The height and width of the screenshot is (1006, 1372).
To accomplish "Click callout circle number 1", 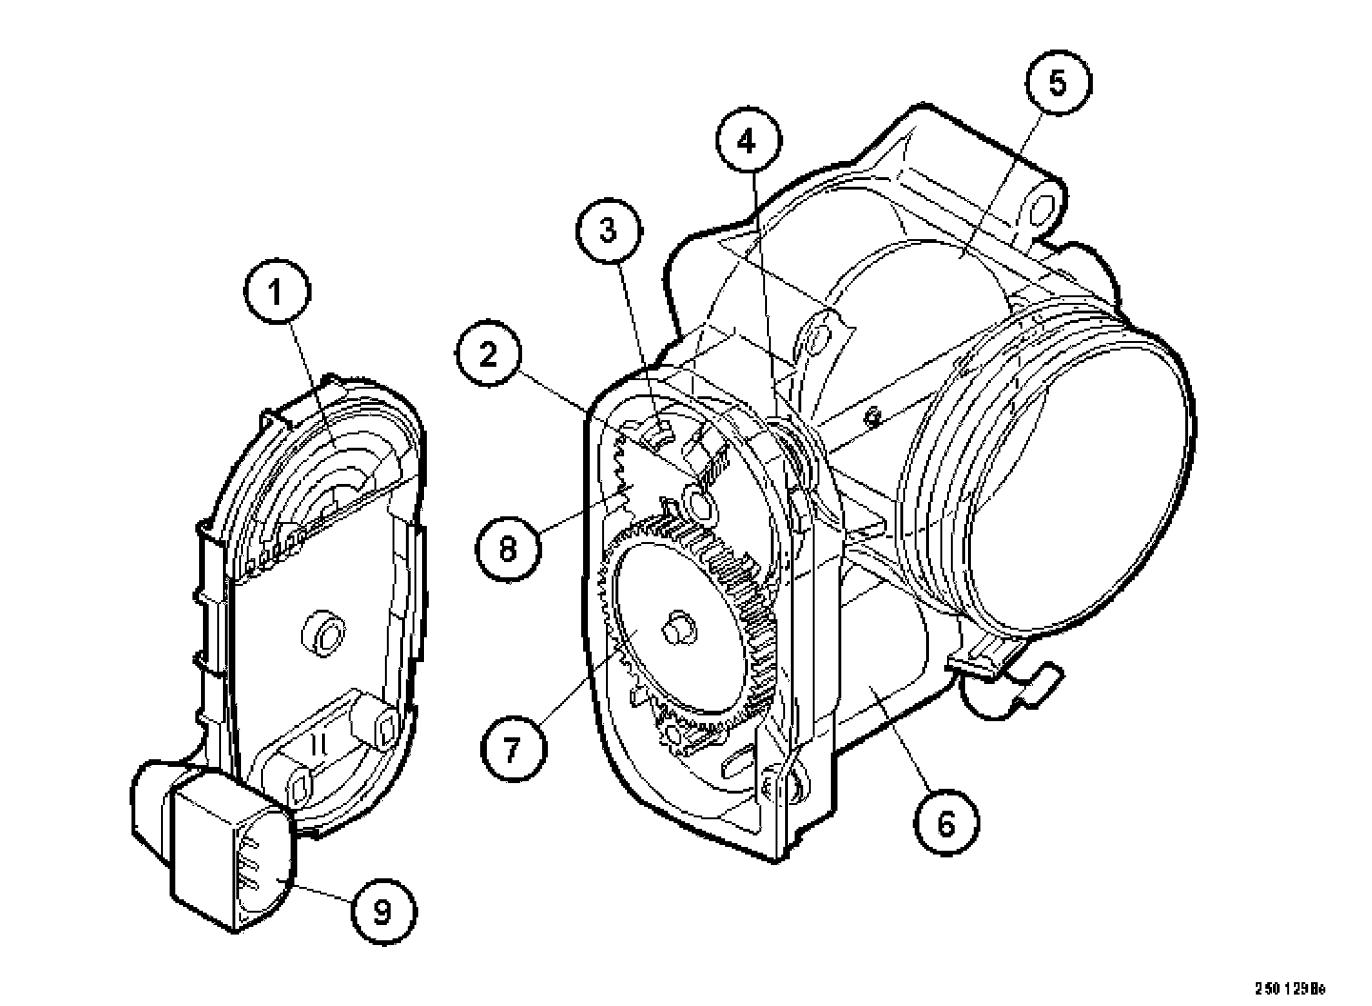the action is [x=276, y=292].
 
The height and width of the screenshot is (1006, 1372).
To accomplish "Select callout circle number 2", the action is [x=488, y=355].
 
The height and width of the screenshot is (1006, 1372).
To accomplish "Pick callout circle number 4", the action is [x=747, y=142].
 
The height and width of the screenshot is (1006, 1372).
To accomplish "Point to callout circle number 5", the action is [x=1058, y=82].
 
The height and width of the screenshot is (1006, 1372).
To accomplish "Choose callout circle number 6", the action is [x=945, y=822].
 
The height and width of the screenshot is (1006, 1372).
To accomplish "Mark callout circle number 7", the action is [x=513, y=750].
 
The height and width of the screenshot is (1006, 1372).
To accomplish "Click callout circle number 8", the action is [x=508, y=548].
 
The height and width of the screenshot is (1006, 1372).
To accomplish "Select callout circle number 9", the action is [x=382, y=912].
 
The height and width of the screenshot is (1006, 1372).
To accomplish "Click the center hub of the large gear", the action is [x=677, y=627].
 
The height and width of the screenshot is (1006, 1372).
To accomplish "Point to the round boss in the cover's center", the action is [x=324, y=633].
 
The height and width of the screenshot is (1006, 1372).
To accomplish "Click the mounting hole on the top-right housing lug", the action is [x=1041, y=209].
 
